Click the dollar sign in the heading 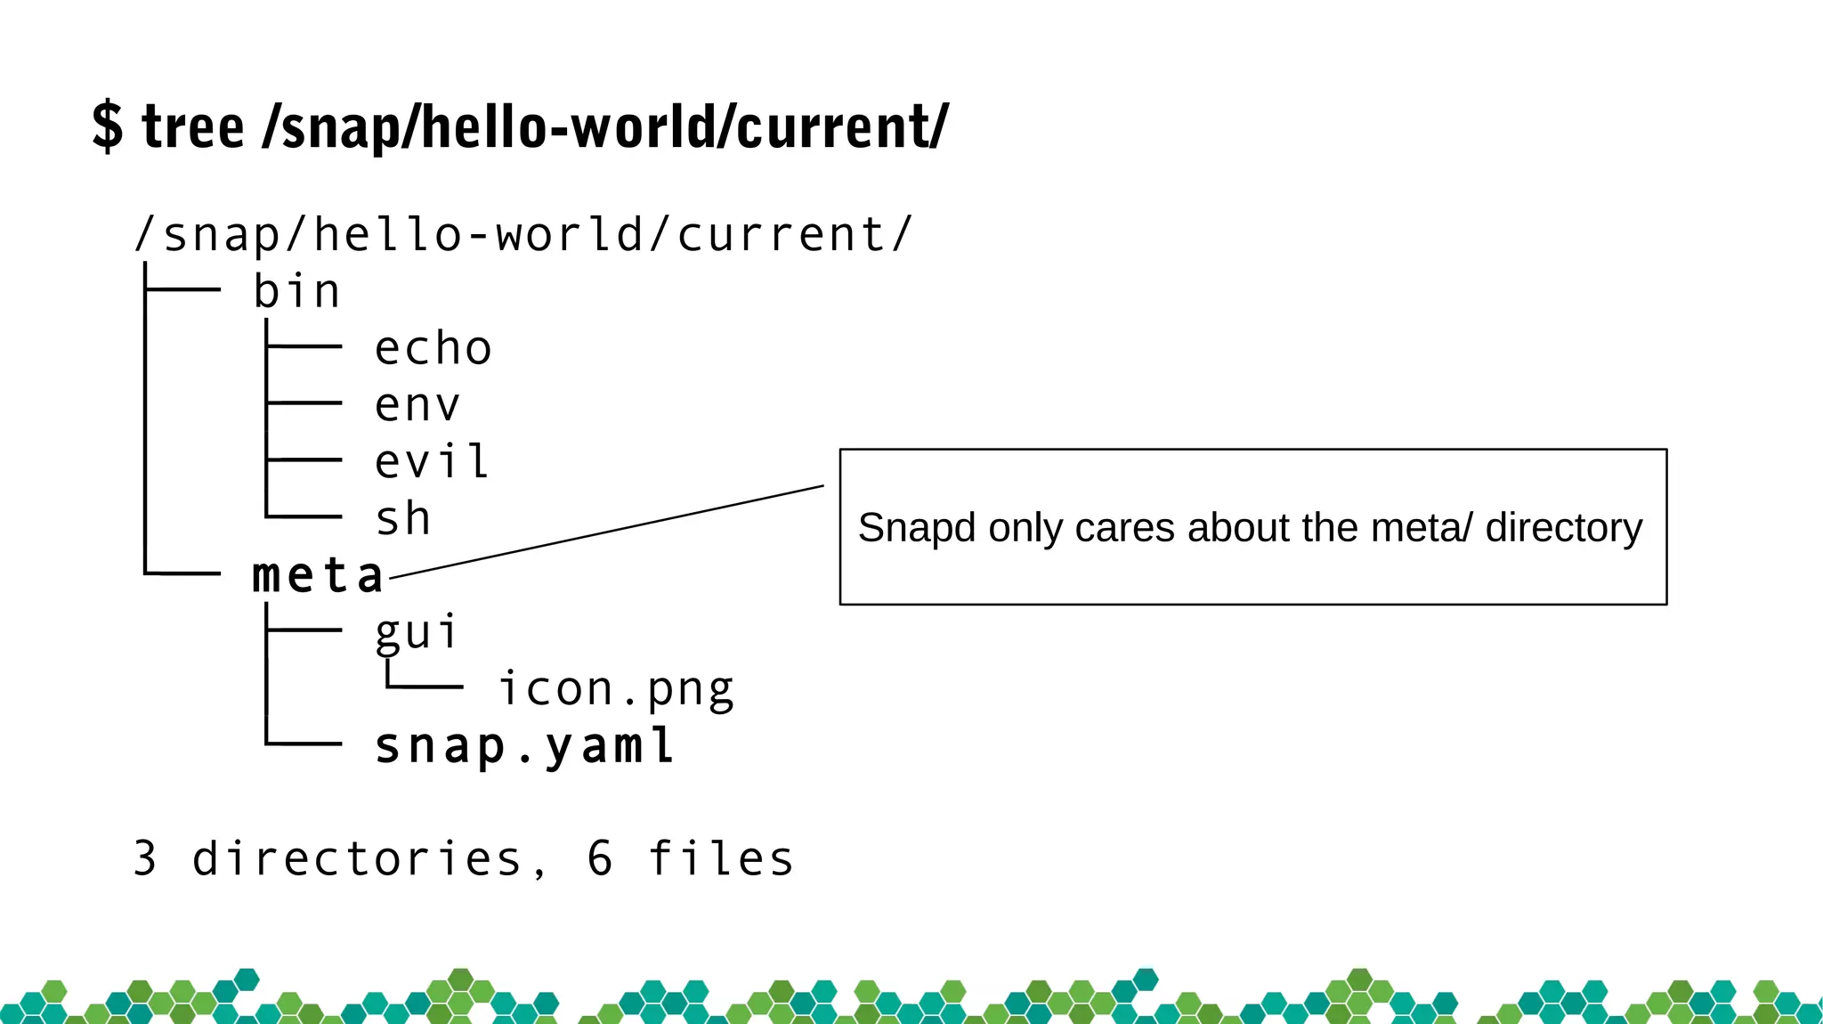107,126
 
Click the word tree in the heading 192,127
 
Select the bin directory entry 296,292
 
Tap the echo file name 433,348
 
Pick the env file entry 417,405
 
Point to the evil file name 432,461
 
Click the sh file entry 403,518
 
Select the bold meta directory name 318,575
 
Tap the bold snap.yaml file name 524,746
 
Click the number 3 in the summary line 145,859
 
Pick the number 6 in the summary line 600,859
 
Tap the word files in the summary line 721,859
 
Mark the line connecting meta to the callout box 607,532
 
